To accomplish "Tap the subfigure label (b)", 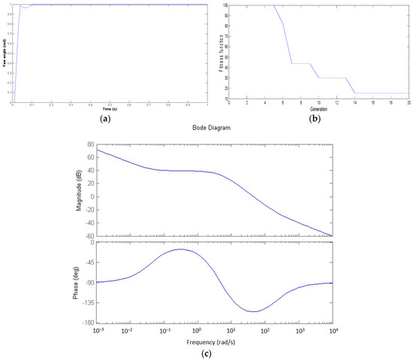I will [316, 118].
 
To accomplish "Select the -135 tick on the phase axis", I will [85, 303].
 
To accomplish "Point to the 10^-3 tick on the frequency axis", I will [96, 331].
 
